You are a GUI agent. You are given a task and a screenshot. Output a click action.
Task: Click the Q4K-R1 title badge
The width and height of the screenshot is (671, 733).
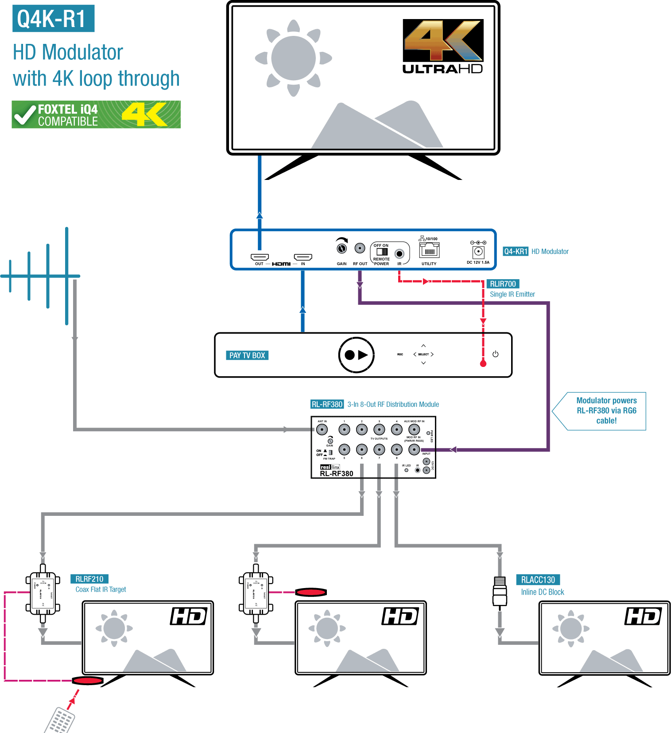(x=53, y=19)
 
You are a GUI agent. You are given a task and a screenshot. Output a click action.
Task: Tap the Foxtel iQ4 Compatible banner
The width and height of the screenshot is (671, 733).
(x=96, y=114)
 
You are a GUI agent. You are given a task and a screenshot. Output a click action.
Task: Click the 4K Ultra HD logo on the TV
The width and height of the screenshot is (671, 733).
(x=442, y=47)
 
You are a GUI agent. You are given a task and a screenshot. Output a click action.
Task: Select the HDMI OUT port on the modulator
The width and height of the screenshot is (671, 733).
(x=260, y=257)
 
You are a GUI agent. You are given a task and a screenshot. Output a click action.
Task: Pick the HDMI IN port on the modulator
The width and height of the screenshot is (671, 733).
(x=303, y=257)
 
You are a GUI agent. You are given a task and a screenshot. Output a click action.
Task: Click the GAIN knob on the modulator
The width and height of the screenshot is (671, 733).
(x=341, y=248)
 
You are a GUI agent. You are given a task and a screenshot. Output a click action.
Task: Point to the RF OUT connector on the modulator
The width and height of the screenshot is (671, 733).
(x=360, y=248)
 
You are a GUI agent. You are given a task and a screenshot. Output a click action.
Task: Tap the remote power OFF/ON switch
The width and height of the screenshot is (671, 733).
(x=382, y=251)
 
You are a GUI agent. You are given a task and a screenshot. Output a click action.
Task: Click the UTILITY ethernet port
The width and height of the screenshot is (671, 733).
(x=429, y=251)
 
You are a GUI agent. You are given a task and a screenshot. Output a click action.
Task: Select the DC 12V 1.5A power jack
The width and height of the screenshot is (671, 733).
(x=478, y=252)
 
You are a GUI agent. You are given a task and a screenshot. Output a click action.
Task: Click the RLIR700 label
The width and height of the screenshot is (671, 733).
(x=503, y=284)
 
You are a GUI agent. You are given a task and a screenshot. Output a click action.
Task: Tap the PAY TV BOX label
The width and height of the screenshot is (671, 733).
(x=247, y=355)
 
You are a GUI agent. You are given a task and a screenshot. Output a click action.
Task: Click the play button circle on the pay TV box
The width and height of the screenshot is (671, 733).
(x=357, y=355)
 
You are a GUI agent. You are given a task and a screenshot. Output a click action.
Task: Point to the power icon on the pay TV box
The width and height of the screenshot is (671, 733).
(x=495, y=354)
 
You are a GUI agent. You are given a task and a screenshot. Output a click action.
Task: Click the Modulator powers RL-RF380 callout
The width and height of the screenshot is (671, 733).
(x=606, y=411)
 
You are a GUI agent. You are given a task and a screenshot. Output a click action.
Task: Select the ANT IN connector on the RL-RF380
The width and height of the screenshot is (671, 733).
(x=322, y=429)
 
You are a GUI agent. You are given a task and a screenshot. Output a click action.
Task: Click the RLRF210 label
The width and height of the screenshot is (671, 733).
(x=89, y=579)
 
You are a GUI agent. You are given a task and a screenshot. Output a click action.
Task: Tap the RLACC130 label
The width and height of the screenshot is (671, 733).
(x=538, y=580)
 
